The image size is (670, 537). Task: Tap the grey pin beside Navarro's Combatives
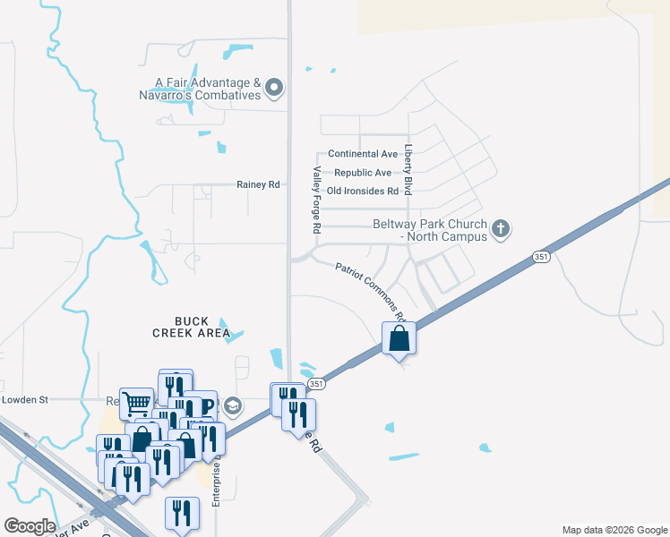click(x=274, y=89)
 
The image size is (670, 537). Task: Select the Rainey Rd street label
click(x=258, y=184)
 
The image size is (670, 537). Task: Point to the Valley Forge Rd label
click(x=316, y=201)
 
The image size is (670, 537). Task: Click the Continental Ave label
click(x=363, y=154)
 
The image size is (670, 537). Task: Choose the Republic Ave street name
click(x=363, y=173)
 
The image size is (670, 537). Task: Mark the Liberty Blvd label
click(x=408, y=171)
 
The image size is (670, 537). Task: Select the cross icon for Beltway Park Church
click(x=501, y=230)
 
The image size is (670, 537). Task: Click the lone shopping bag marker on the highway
click(x=399, y=339)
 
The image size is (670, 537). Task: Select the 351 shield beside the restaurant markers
click(x=315, y=383)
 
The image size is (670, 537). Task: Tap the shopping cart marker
click(x=136, y=403)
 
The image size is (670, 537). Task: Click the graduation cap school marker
click(x=233, y=407)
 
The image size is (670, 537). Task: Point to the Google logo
click(x=30, y=526)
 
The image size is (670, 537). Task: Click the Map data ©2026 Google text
click(x=614, y=530)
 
